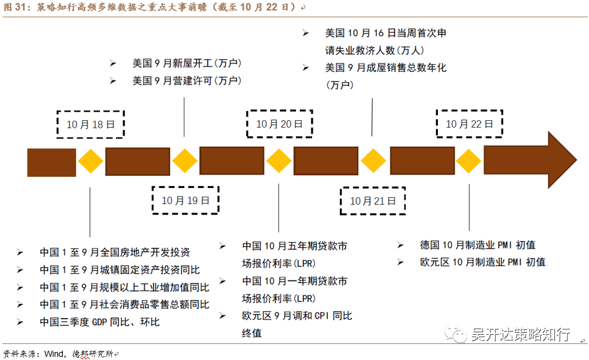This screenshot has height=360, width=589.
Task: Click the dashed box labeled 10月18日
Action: [x=90, y=124]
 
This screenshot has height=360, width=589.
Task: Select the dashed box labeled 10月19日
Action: [x=186, y=200]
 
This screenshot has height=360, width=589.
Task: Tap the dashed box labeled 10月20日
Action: [x=279, y=124]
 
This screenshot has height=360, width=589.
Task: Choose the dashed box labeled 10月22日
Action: [x=469, y=124]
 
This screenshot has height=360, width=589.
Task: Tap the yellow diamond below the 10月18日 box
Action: [x=91, y=162]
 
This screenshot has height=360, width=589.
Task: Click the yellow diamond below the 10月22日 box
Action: [x=469, y=162]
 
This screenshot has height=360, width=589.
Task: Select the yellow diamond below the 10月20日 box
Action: [x=279, y=162]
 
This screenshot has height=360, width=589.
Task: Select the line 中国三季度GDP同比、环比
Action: [x=99, y=322]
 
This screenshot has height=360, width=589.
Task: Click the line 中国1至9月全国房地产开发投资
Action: [x=115, y=252]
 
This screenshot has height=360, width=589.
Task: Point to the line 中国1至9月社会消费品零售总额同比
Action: [x=124, y=305]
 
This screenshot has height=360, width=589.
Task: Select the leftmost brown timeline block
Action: [x=51, y=162]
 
